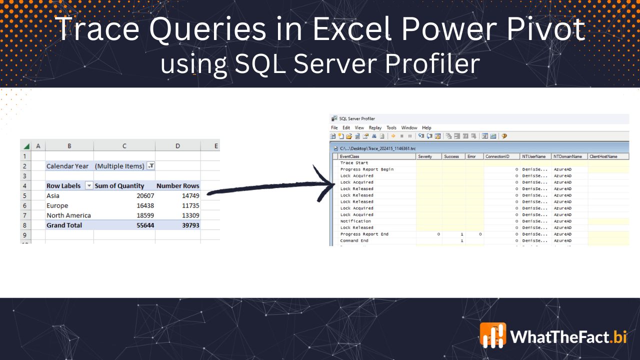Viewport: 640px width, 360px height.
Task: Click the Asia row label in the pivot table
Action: point(53,196)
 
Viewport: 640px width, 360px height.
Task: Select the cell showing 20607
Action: point(145,196)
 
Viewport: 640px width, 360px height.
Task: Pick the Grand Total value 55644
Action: point(145,225)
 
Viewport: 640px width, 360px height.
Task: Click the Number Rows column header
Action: point(177,186)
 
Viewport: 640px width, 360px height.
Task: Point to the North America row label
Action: point(68,215)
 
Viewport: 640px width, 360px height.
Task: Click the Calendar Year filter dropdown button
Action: point(150,166)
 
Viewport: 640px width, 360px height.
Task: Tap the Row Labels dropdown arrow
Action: point(89,186)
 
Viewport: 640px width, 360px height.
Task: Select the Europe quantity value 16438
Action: point(145,206)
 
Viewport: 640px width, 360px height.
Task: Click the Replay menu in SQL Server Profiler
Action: point(375,128)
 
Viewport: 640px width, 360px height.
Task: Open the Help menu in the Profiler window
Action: point(426,128)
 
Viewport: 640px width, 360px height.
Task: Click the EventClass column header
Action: point(349,156)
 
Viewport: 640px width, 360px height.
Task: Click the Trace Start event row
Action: point(354,163)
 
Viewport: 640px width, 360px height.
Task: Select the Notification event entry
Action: point(355,221)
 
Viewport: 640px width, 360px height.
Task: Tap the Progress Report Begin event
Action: point(366,169)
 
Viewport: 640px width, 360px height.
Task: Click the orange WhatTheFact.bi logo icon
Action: point(492,335)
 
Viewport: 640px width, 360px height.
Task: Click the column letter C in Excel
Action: point(124,146)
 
